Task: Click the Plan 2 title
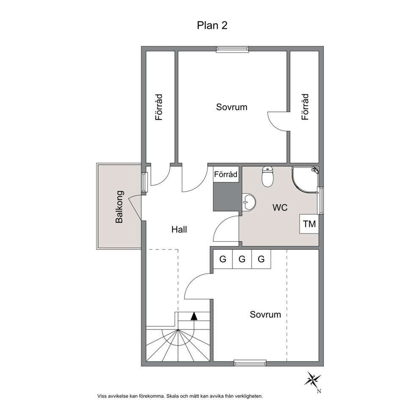pyautogui.click(x=212, y=25)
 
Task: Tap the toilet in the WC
pyautogui.click(x=267, y=177)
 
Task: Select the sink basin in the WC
pyautogui.click(x=249, y=202)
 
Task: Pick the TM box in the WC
pyautogui.click(x=309, y=224)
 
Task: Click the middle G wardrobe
pyautogui.click(x=242, y=259)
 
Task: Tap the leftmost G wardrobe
pyautogui.click(x=223, y=259)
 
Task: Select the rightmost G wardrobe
pyautogui.click(x=261, y=259)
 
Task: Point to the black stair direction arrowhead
pyautogui.click(x=194, y=316)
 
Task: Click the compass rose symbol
pyautogui.click(x=312, y=379)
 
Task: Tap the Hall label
pyautogui.click(x=179, y=229)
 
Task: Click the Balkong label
pyautogui.click(x=119, y=207)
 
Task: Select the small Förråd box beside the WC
pyautogui.click(x=226, y=174)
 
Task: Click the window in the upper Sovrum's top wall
pyautogui.click(x=232, y=49)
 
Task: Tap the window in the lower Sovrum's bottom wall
pyautogui.click(x=250, y=363)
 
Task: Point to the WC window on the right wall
pyautogui.click(x=321, y=201)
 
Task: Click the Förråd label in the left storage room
pyautogui.click(x=159, y=107)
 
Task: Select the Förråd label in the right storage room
pyautogui.click(x=305, y=107)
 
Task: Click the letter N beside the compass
pyautogui.click(x=319, y=391)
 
